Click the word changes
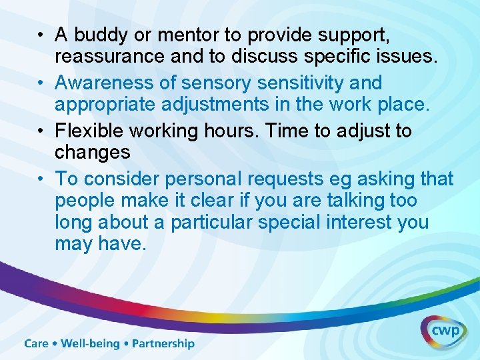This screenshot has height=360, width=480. pos(93,153)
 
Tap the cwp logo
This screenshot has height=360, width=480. pos(443,331)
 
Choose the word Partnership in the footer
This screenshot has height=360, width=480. pos(163,344)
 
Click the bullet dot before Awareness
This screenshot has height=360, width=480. pos(41,84)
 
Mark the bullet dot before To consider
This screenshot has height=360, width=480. pos(41,179)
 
